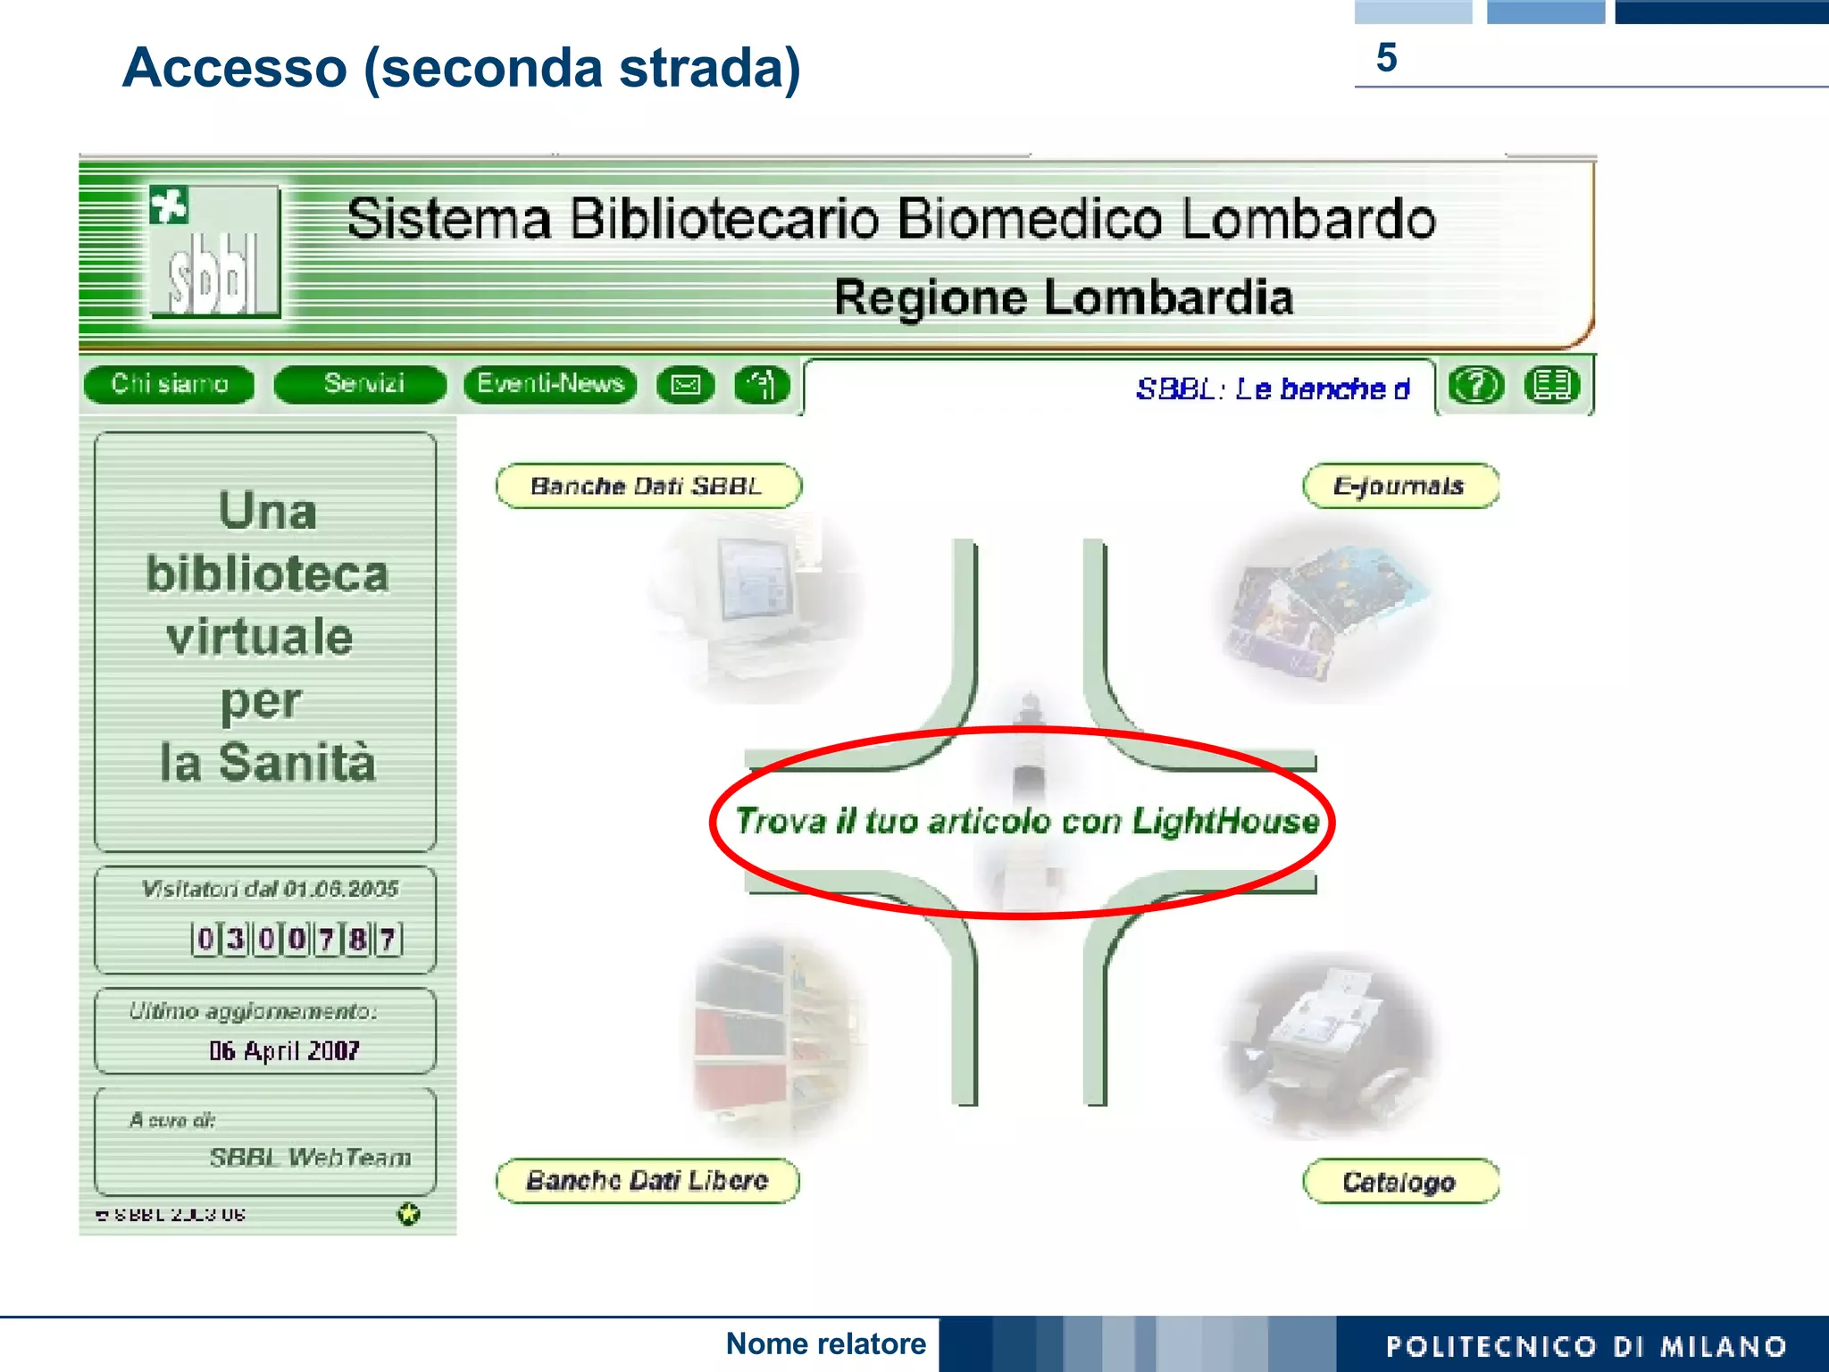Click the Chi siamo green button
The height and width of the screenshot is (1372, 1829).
[169, 384]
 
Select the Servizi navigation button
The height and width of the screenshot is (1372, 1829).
[362, 384]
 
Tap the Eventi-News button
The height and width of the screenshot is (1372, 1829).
[550, 384]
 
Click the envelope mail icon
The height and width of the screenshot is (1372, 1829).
[686, 385]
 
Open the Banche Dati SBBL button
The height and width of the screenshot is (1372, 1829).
[648, 487]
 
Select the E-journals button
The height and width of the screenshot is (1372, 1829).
[1400, 487]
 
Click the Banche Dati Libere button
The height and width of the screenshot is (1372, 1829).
[647, 1181]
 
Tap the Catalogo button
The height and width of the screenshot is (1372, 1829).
[1400, 1182]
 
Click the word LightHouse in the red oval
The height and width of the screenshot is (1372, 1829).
[1225, 821]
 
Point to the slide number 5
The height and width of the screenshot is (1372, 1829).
[1386, 58]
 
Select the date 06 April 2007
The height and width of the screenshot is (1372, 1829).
[284, 1050]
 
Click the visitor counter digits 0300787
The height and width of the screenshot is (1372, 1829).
[296, 939]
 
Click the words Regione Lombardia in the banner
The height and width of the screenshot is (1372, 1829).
[1063, 297]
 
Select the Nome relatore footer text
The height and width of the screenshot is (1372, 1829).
[826, 1343]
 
